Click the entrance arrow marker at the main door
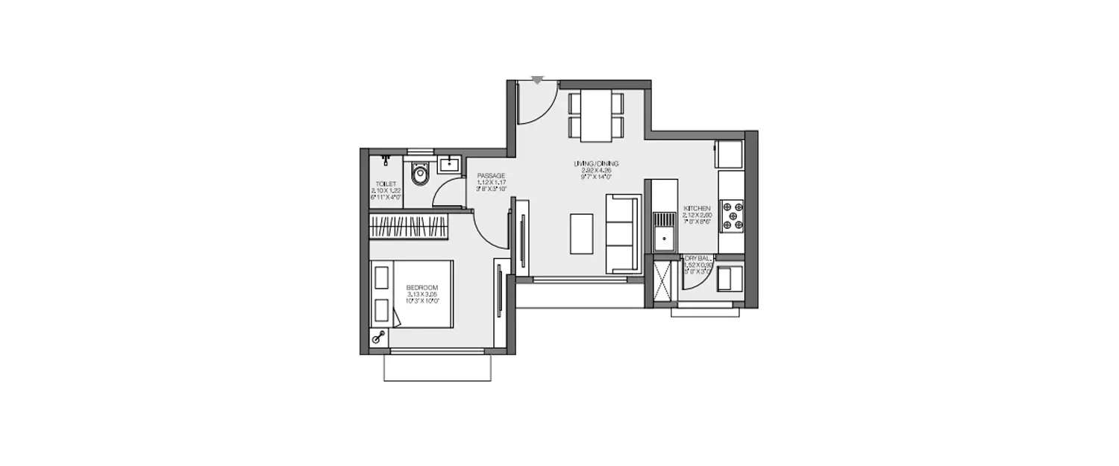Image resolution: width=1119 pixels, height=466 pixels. point(537,79)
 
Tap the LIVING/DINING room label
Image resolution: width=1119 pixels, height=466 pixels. point(596,163)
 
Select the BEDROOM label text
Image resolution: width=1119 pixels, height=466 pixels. point(421,288)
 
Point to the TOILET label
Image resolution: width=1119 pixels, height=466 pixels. point(386,183)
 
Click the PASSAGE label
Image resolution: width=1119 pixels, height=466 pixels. point(492,176)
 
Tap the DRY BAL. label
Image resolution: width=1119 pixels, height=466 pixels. point(698,259)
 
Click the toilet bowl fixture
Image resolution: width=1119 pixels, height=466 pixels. point(420,176)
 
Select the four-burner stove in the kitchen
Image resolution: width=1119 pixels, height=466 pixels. point(731,214)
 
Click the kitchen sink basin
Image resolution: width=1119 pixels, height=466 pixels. point(662,239)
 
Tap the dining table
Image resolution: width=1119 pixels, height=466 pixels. point(596,115)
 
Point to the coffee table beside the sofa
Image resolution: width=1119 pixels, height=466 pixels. point(582,233)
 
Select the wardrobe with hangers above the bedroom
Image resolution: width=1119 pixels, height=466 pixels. point(410,226)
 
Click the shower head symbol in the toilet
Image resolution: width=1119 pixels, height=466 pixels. point(386,159)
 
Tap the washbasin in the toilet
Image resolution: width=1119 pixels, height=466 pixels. point(448,165)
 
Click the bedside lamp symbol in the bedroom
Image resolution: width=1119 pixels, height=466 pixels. point(380,338)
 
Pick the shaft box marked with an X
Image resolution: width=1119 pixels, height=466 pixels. point(662,280)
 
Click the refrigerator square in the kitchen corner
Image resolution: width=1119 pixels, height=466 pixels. point(729,154)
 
